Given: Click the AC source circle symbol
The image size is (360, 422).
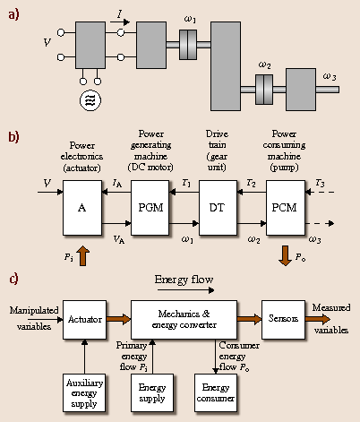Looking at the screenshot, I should tap(90, 99).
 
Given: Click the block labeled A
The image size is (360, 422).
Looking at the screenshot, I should tap(82, 208).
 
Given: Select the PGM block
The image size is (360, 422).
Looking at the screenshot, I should tap(150, 208).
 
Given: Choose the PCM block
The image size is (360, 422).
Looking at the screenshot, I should tap(285, 208).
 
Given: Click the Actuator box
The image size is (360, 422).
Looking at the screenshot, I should tap(84, 319).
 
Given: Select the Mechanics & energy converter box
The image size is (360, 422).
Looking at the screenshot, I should tap(184, 319).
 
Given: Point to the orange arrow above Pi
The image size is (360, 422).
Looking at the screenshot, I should tap(82, 258).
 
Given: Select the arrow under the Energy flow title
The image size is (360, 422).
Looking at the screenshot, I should tap(185, 290).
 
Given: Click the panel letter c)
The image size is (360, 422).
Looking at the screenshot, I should tap(15, 279).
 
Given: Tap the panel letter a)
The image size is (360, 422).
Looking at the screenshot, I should tap(15, 15).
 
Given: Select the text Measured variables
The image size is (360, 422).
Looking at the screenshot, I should tap(331, 319).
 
